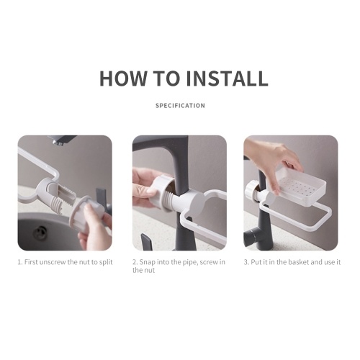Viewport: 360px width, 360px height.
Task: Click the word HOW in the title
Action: (x=123, y=78)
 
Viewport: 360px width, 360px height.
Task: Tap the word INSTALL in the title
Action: (x=227, y=78)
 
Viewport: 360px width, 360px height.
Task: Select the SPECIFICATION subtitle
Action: (x=180, y=106)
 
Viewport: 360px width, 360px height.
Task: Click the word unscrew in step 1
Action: (x=53, y=262)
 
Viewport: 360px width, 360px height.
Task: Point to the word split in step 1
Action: (x=106, y=262)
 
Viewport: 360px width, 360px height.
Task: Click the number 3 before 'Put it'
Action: (x=246, y=262)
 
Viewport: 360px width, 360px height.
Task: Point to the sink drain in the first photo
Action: (x=39, y=233)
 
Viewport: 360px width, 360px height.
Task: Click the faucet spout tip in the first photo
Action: (x=58, y=143)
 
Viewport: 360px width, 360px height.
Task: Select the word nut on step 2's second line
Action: (x=150, y=271)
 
